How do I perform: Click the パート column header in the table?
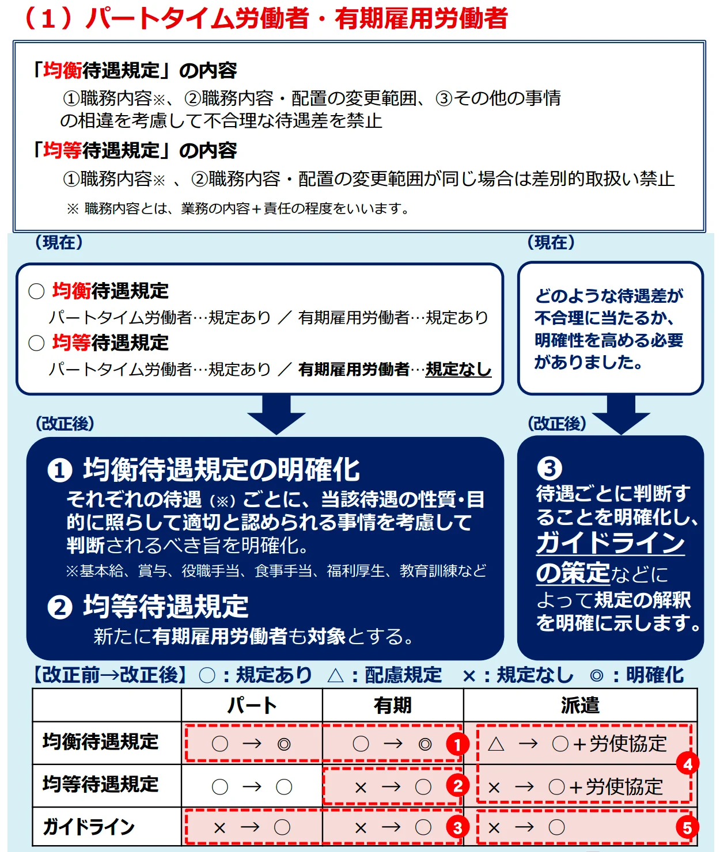click(x=252, y=705)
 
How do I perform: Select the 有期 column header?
click(x=392, y=705)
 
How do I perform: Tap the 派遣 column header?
click(x=580, y=705)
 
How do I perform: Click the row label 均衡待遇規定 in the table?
click(x=100, y=742)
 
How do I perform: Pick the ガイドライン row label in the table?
click(x=89, y=827)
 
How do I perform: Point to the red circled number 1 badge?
click(x=457, y=745)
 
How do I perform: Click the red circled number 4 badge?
click(x=687, y=764)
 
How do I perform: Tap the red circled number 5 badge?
click(x=687, y=828)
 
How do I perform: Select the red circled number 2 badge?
click(x=457, y=786)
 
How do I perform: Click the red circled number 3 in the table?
click(x=457, y=828)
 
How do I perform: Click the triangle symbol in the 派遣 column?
click(x=496, y=744)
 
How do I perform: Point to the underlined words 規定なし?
click(x=458, y=369)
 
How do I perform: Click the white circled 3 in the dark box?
click(x=550, y=469)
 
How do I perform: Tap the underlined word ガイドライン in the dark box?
click(x=610, y=543)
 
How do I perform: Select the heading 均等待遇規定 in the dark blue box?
click(x=166, y=607)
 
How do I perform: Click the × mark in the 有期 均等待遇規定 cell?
click(x=361, y=788)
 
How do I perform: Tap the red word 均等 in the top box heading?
click(x=62, y=150)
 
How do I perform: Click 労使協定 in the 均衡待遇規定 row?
click(x=628, y=744)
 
